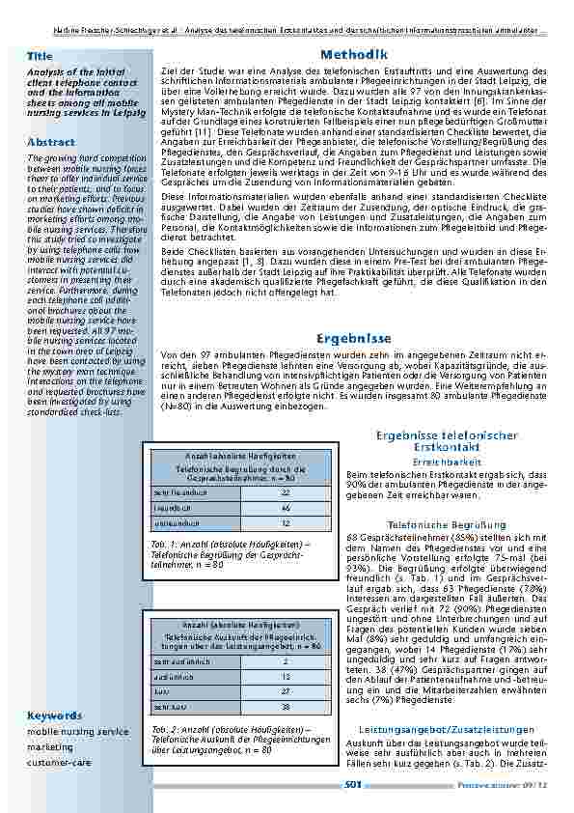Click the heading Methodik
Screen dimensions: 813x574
coord(354,55)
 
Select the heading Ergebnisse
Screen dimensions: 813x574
coord(354,338)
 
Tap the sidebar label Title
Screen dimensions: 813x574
coord(41,57)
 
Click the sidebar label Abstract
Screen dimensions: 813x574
coord(51,142)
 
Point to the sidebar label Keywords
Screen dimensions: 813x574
coord(54,715)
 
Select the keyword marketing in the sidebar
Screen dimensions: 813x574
coord(50,746)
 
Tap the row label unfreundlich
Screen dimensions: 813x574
coord(177,522)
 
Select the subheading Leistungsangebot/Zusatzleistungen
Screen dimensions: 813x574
coord(446,729)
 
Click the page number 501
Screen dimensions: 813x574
coord(353,785)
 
